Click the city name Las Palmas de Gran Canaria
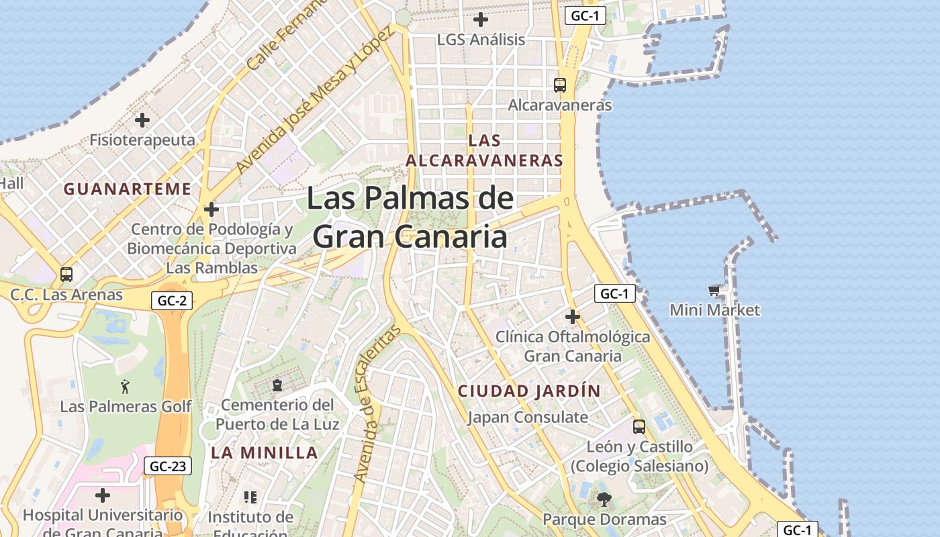point(410,217)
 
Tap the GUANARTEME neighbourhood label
point(128,189)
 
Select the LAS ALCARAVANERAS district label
point(484,150)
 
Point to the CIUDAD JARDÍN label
point(529,391)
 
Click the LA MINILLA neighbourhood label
point(265,452)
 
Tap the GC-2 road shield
point(172,300)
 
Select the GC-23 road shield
point(168,466)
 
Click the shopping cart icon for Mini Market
point(714,291)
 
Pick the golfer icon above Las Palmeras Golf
point(125,386)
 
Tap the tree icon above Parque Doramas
point(604,499)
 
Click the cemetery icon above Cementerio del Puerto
point(277,385)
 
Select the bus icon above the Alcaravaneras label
point(560,85)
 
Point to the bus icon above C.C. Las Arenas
point(66,274)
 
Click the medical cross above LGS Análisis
point(481,19)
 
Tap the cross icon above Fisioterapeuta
point(142,120)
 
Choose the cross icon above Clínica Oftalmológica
point(572,316)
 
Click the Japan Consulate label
point(528,418)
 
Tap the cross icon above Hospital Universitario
point(102,495)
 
